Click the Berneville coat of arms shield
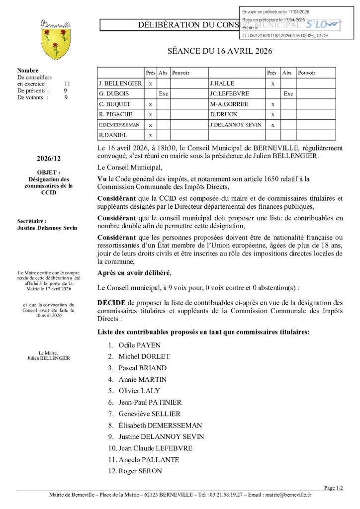point(55,44)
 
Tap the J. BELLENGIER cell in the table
point(120,84)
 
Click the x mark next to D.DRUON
point(272,114)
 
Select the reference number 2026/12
point(49,159)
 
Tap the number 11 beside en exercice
point(67,84)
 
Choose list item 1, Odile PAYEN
point(139,345)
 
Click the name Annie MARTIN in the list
point(139,379)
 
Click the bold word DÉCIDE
point(112,302)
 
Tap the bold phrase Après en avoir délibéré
point(134,273)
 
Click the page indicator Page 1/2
point(333,488)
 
